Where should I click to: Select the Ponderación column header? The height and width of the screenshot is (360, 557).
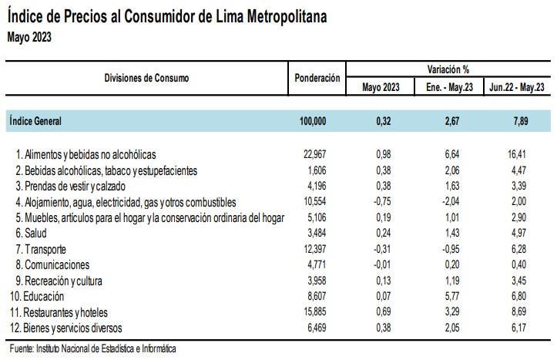(317, 79)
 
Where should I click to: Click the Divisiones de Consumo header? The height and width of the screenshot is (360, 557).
(146, 78)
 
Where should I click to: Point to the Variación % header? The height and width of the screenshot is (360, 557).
(448, 69)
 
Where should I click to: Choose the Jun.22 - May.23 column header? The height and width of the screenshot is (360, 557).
(518, 87)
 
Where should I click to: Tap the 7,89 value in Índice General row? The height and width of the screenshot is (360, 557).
(520, 120)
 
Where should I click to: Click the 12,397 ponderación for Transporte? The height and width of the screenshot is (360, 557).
(314, 250)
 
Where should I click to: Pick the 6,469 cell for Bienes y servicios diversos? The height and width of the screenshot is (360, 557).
(316, 328)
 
